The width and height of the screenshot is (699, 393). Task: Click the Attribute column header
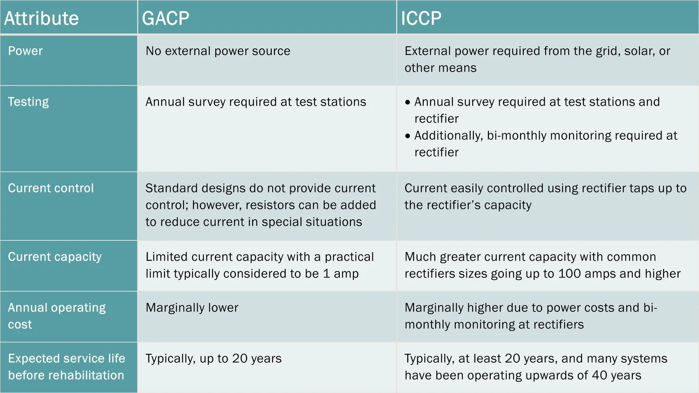point(41,19)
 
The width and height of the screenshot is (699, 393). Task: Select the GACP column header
point(165,19)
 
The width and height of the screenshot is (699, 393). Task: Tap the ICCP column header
point(421,19)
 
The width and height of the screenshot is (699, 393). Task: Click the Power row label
point(25,51)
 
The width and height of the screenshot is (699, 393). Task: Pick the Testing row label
point(28,102)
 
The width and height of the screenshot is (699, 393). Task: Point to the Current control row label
point(51,189)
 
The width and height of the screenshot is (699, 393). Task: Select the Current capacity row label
point(55,257)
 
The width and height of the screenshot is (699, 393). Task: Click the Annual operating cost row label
point(56,316)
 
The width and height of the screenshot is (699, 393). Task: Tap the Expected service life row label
point(66,367)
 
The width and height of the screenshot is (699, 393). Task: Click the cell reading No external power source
point(218,51)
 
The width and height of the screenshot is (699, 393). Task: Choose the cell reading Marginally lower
point(192,308)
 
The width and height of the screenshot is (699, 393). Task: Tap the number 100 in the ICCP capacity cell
point(570,274)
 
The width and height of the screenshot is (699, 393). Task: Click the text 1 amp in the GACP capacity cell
point(341,274)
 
